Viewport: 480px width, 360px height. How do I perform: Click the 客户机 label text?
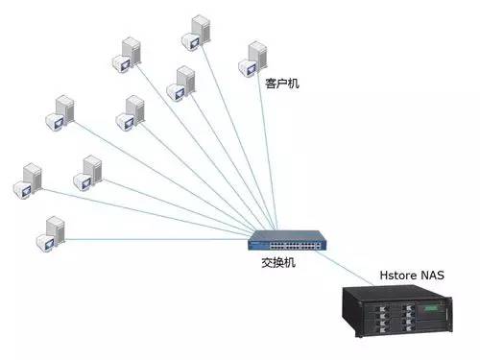281,84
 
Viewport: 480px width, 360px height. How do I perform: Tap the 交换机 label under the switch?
278,262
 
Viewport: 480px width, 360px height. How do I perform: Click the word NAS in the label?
431,276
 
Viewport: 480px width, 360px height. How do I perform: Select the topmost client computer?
197,31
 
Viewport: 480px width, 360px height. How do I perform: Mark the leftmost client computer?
28,180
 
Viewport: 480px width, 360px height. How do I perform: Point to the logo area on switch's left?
257,237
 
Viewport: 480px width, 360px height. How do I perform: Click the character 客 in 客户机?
271,84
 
